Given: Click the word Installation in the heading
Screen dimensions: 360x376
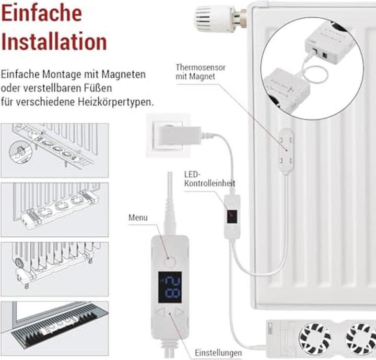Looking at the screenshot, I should pyautogui.click(x=54, y=41).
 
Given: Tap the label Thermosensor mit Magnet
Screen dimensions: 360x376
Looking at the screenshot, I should pyautogui.click(x=196, y=72).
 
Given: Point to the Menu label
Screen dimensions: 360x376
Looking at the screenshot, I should pyautogui.click(x=138, y=218).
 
